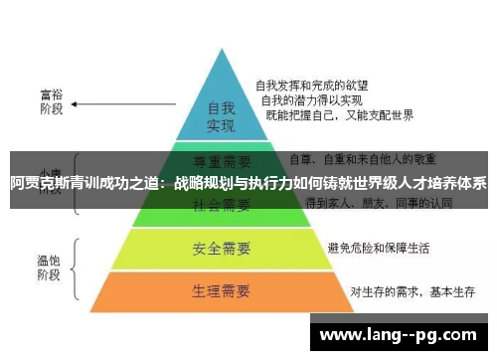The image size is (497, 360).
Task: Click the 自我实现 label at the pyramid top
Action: click(221, 116)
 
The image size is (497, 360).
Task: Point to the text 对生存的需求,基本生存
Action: click(407, 291)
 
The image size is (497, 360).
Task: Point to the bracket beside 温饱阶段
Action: click(78, 266)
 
